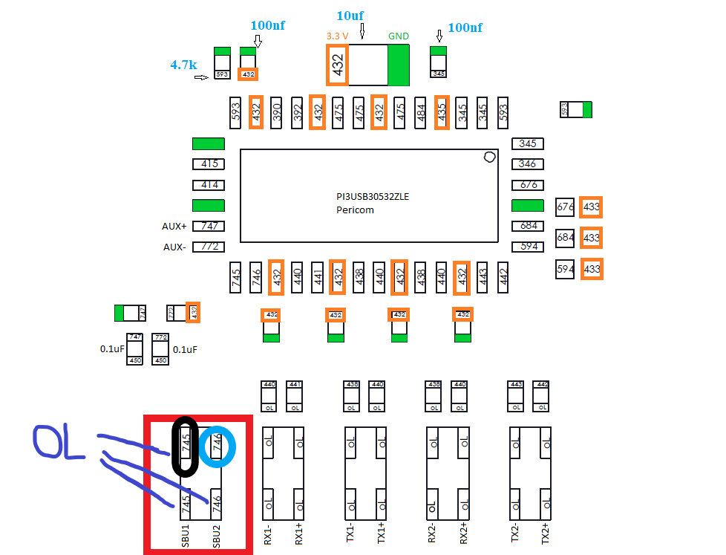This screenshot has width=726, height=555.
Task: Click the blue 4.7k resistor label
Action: (x=183, y=65)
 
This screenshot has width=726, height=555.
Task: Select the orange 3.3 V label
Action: (x=338, y=35)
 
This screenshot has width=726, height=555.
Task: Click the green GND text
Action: (x=399, y=35)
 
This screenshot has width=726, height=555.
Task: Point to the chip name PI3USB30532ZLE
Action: (x=373, y=197)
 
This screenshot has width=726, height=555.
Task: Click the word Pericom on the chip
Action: (x=355, y=210)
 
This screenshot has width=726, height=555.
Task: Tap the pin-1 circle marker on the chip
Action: (x=489, y=157)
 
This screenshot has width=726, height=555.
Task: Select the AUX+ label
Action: (x=174, y=226)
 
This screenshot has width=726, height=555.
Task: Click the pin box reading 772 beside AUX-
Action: (x=209, y=247)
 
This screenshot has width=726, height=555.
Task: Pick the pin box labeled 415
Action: (x=209, y=164)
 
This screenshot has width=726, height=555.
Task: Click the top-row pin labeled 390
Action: (x=276, y=112)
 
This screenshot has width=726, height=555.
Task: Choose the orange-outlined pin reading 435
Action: (x=442, y=112)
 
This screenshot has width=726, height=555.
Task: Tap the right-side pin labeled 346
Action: (x=528, y=164)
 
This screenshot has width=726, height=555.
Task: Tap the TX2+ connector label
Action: (x=546, y=534)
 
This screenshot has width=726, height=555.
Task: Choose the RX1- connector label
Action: (x=268, y=534)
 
